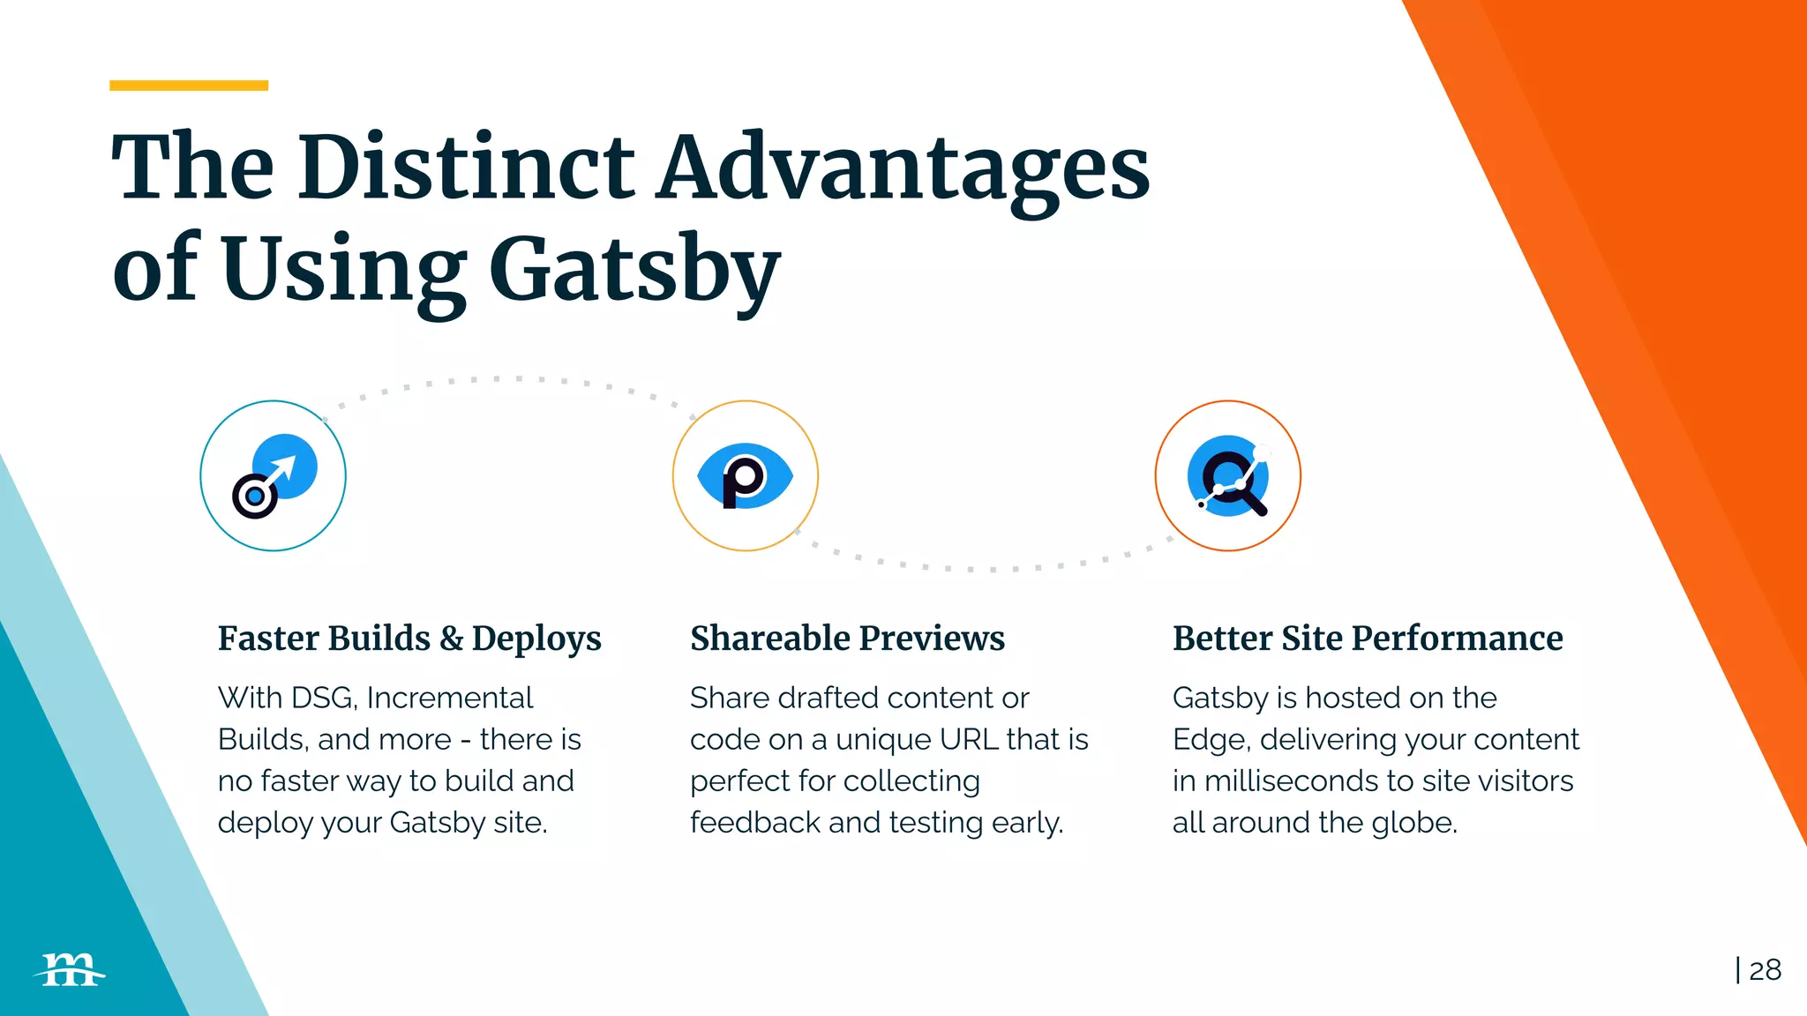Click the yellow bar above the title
[x=189, y=86]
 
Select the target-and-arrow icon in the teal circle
[x=274, y=476]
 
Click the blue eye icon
[x=745, y=476]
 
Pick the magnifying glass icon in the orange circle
[x=1228, y=476]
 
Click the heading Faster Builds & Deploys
[x=409, y=639]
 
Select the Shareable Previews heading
[x=847, y=639]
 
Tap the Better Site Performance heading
[x=1368, y=639]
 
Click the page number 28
[x=1765, y=970]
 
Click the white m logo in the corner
[x=71, y=970]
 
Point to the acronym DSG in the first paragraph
[x=323, y=698]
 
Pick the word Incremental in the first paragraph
[x=449, y=698]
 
